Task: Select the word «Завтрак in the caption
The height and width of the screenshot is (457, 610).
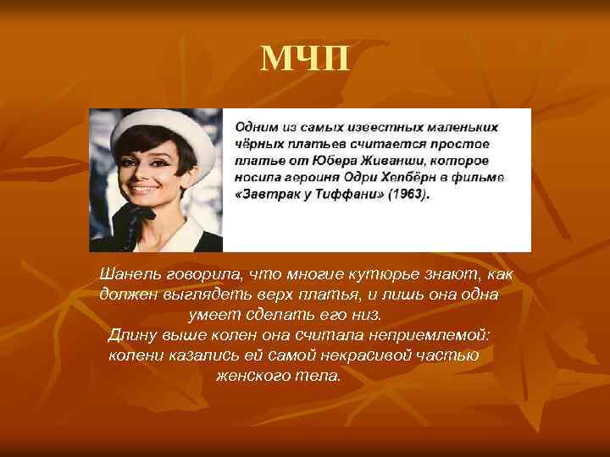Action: coord(268,194)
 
